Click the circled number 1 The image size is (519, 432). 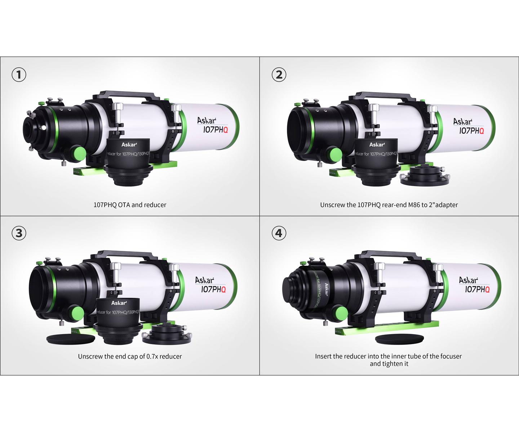coord(19,75)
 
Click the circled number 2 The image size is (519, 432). coord(279,75)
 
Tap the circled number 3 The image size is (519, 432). coord(19,233)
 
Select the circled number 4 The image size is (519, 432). coord(279,233)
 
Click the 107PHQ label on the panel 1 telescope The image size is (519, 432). coord(215,130)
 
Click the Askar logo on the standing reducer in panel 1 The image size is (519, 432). coord(129,144)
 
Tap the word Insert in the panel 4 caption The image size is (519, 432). coord(323,356)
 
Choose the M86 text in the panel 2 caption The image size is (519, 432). coord(413,205)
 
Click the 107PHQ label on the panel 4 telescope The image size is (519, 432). coord(477,289)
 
